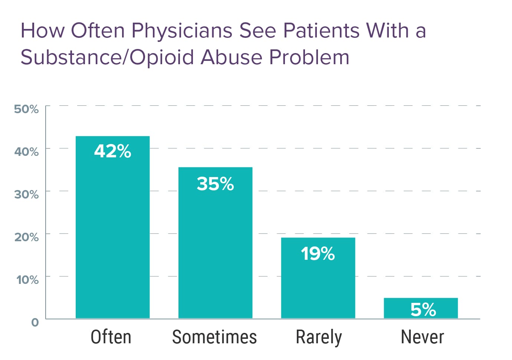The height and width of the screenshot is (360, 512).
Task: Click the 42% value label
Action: (112, 151)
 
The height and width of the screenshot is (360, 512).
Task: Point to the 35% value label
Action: (215, 184)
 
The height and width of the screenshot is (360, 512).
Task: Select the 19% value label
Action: (318, 254)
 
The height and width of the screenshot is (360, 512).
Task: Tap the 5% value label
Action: (423, 309)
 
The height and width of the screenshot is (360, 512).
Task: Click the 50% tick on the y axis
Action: (26, 109)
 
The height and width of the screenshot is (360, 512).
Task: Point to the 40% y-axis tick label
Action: (26, 152)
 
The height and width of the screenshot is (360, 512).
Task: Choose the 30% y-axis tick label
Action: (26, 194)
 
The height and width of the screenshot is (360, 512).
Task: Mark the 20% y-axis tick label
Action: (26, 237)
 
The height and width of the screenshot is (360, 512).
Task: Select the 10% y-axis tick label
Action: (27, 280)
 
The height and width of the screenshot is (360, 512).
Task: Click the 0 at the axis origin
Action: (35, 322)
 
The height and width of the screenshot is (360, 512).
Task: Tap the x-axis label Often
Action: (111, 337)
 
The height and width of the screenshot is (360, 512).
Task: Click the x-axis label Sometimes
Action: (214, 337)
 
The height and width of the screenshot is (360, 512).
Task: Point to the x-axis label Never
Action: (422, 337)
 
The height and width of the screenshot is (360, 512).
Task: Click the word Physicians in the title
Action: (182, 31)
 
